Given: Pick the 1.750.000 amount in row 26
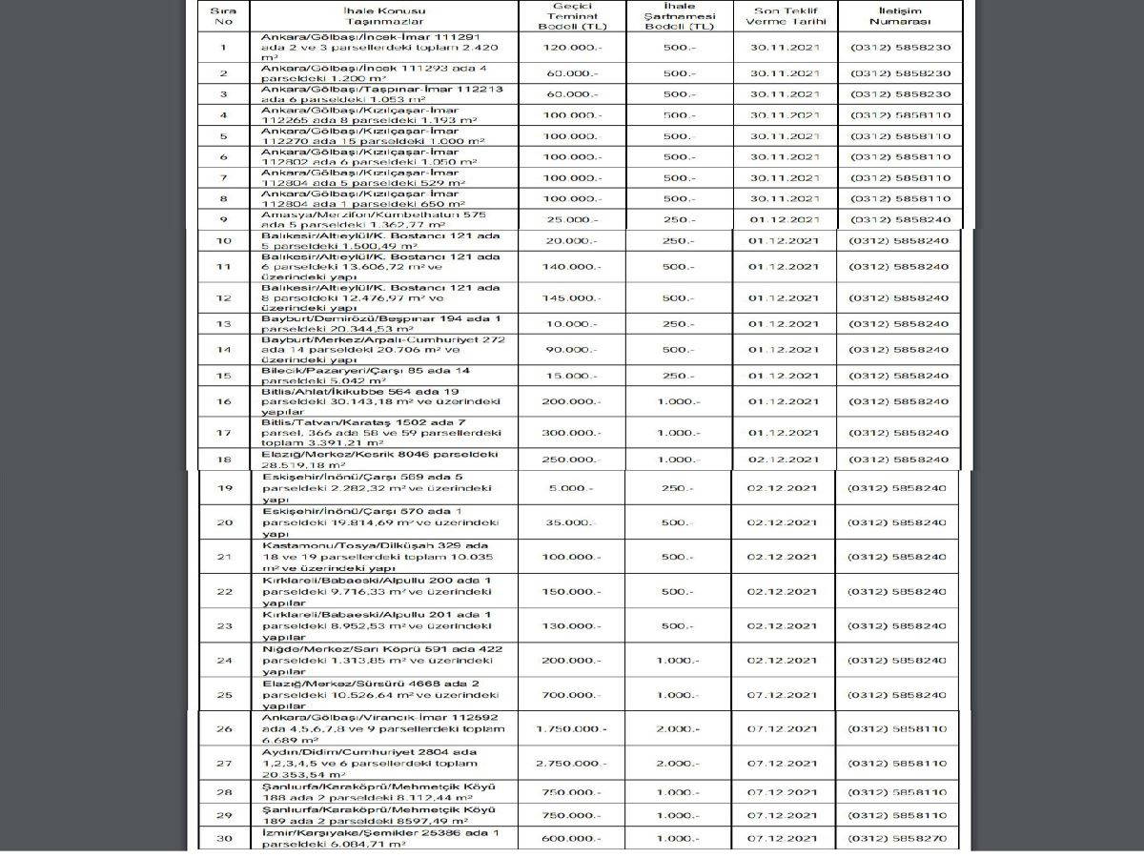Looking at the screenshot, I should click(571, 728).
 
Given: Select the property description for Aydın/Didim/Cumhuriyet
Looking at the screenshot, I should click(382, 764).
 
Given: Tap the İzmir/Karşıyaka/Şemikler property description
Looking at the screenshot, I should click(381, 839).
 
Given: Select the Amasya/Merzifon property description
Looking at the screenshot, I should click(379, 219).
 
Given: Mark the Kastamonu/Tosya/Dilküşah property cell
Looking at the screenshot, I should click(381, 557).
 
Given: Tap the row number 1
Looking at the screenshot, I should click(223, 47).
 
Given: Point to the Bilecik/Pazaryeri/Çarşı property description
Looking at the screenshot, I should click(379, 376).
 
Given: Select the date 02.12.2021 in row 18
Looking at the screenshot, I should click(784, 460).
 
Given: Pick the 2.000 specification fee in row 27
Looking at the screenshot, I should click(681, 764).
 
